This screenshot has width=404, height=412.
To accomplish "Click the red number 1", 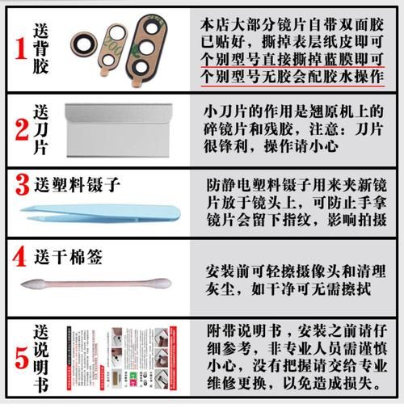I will (x=18, y=49).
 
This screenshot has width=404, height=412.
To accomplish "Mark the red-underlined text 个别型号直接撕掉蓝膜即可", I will (x=291, y=59).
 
